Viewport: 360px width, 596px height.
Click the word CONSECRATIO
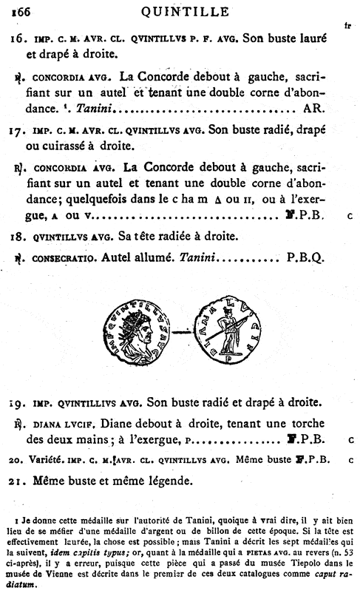pos(61,258)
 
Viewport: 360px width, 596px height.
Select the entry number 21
pos(21,481)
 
